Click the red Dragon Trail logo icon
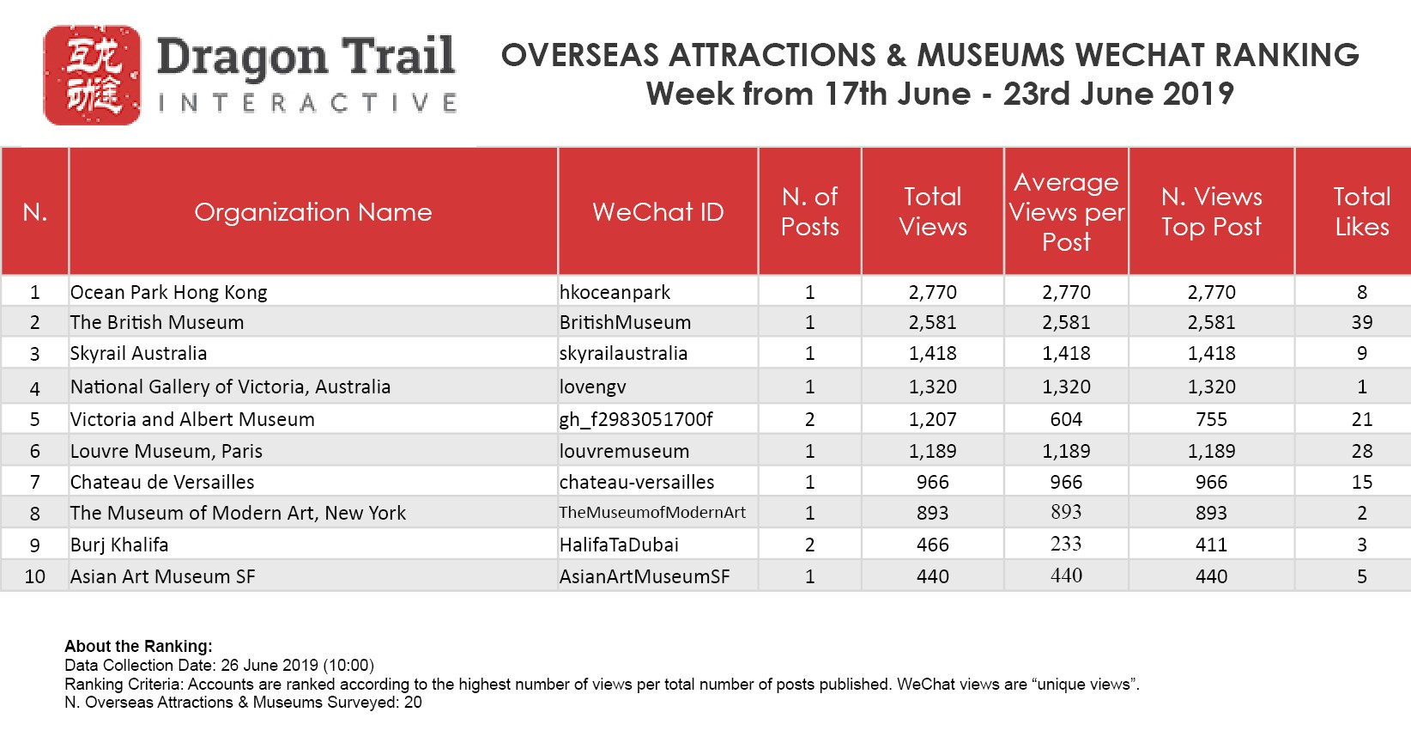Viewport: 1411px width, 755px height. tap(92, 76)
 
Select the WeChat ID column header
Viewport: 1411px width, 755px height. tap(657, 212)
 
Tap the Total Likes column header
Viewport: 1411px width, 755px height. tap(1361, 211)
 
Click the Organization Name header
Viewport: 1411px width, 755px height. tap(312, 212)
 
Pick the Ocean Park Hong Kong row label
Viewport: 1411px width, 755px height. tap(168, 292)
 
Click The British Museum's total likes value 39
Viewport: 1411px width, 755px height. tap(1361, 323)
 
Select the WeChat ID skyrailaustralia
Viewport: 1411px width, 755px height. tap(623, 354)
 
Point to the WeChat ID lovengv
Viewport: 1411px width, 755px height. tap(592, 387)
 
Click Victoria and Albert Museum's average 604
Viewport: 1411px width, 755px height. tap(1066, 419)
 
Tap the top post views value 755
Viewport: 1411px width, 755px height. tap(1211, 419)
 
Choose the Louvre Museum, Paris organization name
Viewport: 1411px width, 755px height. tap(167, 451)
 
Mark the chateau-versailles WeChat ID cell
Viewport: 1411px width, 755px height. tap(637, 482)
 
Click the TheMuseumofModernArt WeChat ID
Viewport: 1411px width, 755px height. tap(652, 513)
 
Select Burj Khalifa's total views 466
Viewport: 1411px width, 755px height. tap(932, 545)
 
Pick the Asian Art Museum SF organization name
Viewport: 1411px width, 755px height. tap(163, 576)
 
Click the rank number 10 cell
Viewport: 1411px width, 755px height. tap(34, 576)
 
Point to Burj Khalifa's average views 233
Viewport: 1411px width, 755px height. tap(1066, 544)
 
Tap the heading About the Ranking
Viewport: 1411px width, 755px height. tap(138, 647)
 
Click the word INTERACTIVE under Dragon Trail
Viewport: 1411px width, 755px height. tap(306, 104)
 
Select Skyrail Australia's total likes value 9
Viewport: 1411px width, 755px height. tap(1361, 354)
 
